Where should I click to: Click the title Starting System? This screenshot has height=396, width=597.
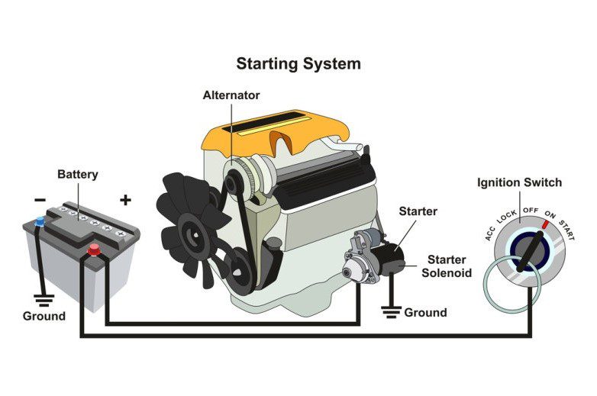pyautogui.click(x=298, y=63)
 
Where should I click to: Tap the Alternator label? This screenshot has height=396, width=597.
pyautogui.click(x=231, y=96)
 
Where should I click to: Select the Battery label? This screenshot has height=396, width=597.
pyautogui.click(x=78, y=175)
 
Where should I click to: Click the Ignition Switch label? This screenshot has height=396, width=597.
pyautogui.click(x=519, y=183)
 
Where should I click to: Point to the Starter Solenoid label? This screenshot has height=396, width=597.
pyautogui.click(x=450, y=266)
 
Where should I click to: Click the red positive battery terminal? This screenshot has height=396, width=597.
pyautogui.click(x=95, y=249)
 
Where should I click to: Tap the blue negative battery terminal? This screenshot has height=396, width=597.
pyautogui.click(x=40, y=223)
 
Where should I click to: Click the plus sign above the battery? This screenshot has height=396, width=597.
pyautogui.click(x=126, y=201)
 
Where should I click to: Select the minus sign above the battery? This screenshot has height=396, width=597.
pyautogui.click(x=40, y=201)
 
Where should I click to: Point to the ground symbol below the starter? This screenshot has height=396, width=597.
pyautogui.click(x=392, y=311)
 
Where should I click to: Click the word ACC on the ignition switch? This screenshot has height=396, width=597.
pyautogui.click(x=491, y=233)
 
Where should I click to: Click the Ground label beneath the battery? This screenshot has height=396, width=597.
pyautogui.click(x=44, y=316)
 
